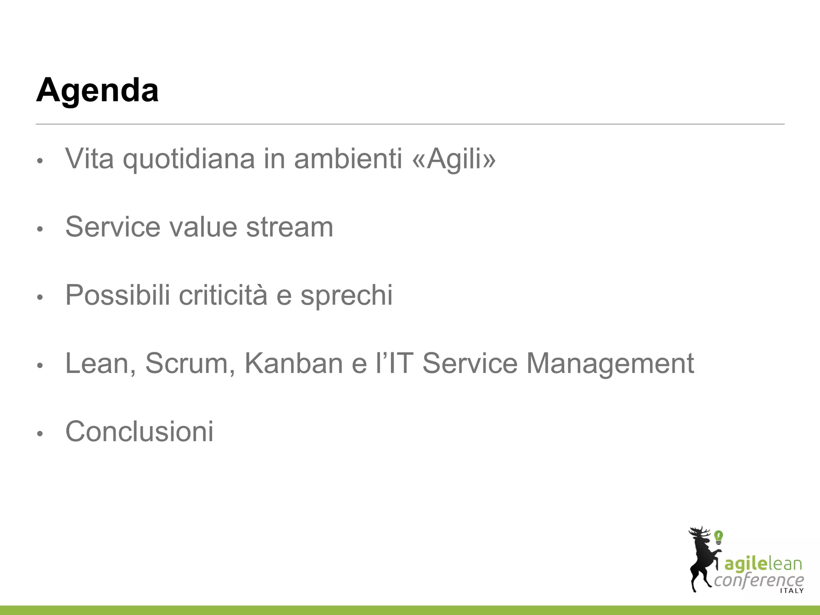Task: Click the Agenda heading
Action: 97,90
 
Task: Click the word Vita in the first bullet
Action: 89,159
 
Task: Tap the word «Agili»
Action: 454,159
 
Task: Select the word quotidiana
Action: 189,159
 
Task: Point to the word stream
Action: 289,227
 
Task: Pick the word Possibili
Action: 118,295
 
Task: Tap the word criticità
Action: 223,295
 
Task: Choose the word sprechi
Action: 346,295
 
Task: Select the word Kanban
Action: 293,364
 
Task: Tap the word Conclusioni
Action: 139,432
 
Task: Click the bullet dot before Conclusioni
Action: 39,434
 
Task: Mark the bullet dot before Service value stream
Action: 39,229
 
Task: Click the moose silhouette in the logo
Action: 702,561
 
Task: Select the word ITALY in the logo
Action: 792,591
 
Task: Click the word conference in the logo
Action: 759,580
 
